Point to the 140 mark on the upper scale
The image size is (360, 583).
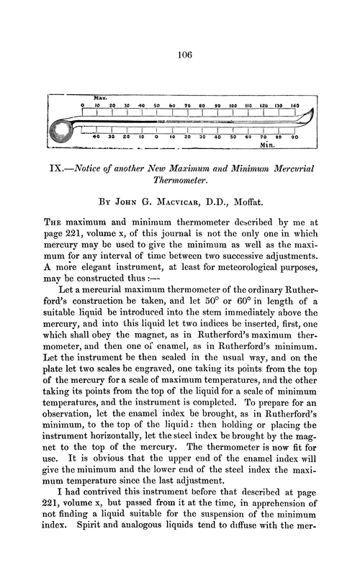294,105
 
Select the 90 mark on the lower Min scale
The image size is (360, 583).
294,136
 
